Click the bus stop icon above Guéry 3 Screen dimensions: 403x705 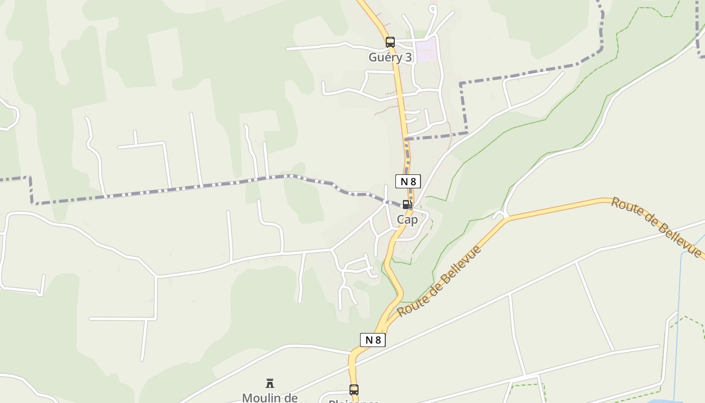[390, 42]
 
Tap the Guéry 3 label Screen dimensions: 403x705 [390, 57]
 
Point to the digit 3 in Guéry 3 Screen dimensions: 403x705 [408, 57]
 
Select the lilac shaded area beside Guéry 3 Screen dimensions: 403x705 [426, 51]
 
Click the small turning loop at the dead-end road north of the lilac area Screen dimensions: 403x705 [432, 9]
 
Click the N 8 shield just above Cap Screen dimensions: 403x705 [408, 181]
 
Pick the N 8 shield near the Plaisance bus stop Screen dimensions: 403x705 [373, 340]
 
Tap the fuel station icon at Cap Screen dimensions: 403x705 [407, 205]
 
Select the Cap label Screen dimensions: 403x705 [407, 220]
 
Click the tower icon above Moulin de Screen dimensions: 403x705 [270, 383]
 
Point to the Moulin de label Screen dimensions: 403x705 [270, 397]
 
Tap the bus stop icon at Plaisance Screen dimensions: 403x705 [354, 389]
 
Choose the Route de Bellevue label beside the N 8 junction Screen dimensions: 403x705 [439, 281]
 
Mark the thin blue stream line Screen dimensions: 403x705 [678, 312]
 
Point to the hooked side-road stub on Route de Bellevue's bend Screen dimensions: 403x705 [500, 215]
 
